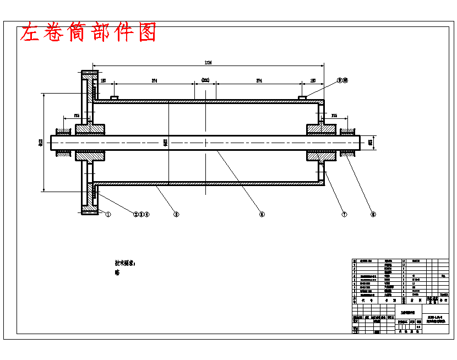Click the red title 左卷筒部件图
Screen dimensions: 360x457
tap(88, 32)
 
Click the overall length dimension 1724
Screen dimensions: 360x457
tap(208, 62)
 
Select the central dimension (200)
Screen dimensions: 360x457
tap(205, 81)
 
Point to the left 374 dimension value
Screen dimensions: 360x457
tap(155, 81)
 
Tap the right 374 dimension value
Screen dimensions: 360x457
tap(259, 81)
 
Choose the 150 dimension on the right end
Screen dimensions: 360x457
tap(313, 81)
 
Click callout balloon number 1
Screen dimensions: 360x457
tap(108, 215)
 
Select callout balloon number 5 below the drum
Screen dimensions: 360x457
tap(176, 215)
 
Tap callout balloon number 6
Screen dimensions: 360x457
tap(262, 215)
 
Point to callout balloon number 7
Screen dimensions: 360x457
tap(344, 215)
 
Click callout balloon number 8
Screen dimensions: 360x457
tap(373, 215)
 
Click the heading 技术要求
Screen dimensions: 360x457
tap(124, 263)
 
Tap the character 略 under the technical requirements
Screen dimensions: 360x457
tap(117, 272)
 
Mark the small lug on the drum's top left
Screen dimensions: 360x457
tap(115, 98)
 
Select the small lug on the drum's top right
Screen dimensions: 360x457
tap(302, 98)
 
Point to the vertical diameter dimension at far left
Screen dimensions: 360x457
tap(40, 143)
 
